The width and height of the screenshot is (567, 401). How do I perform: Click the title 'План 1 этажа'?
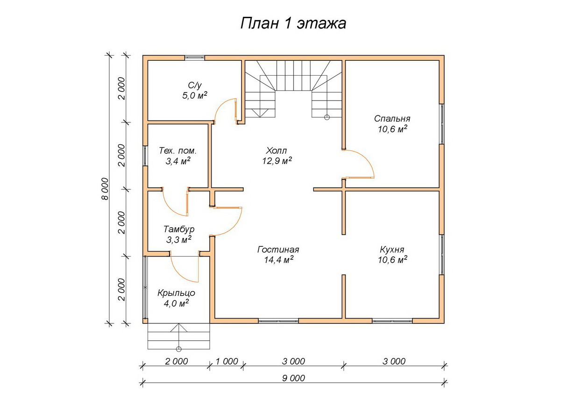tap(293, 23)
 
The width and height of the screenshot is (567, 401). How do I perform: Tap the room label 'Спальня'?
tap(392, 119)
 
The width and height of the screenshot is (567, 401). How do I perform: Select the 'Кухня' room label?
tap(392, 250)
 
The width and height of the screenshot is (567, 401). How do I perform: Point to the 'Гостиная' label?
tap(278, 250)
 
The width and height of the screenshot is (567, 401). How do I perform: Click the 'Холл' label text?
tap(276, 150)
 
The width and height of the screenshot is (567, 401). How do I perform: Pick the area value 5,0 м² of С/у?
tap(195, 95)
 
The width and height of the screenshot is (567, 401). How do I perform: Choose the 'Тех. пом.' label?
tap(177, 150)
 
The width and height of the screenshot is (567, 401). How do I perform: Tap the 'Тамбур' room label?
tap(179, 229)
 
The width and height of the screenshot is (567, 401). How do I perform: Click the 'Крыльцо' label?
tap(176, 293)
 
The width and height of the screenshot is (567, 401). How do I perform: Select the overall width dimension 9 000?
tap(293, 378)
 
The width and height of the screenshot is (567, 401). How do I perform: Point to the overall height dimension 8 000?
tap(105, 189)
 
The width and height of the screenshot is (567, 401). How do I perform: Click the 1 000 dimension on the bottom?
tap(227, 361)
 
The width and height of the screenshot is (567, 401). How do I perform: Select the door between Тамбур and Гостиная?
tap(235, 225)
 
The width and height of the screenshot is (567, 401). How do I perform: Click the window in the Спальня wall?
tap(442, 124)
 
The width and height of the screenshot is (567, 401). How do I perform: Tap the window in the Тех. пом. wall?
tap(145, 156)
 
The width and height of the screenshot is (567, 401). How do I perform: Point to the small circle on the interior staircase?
tap(327, 117)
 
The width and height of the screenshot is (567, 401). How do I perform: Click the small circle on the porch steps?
tap(179, 349)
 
